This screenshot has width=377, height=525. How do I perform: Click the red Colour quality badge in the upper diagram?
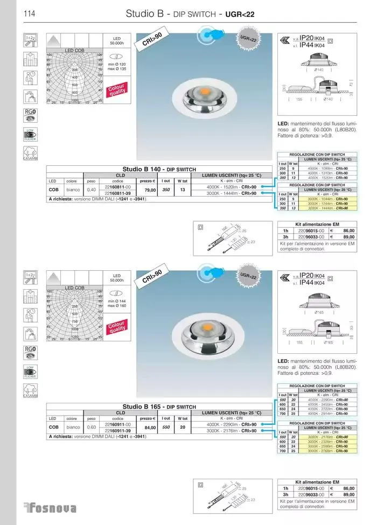(116, 89)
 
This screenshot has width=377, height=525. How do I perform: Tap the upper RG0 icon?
(30, 114)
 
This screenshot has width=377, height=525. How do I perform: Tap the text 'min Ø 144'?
(116, 300)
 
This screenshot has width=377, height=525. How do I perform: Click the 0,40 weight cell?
(92, 190)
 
